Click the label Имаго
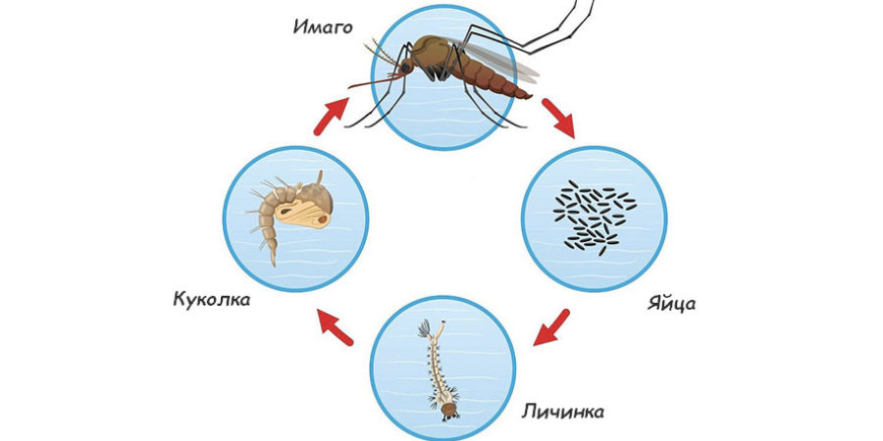pos(323,26)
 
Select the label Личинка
pos(562,412)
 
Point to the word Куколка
pos(212,299)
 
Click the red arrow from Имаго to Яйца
pos(558,118)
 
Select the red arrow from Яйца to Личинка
pos(551,326)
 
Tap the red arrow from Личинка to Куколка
pos(335,326)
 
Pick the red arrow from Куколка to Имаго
pos(332,116)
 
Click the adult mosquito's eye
pos(404,68)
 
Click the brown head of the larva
pos(448,410)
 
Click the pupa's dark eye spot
pos(323,220)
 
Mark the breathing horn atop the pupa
pos(319,179)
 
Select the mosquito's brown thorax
pos(433,51)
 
